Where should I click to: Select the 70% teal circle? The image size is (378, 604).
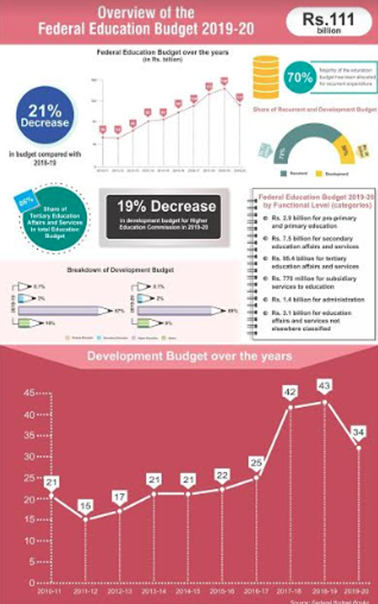[x=300, y=77]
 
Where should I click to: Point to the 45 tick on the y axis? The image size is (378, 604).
[x=29, y=393]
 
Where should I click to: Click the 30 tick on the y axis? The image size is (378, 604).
[x=29, y=457]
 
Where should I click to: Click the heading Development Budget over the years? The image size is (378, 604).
[x=190, y=356]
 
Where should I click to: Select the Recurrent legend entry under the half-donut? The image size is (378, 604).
[x=298, y=173]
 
